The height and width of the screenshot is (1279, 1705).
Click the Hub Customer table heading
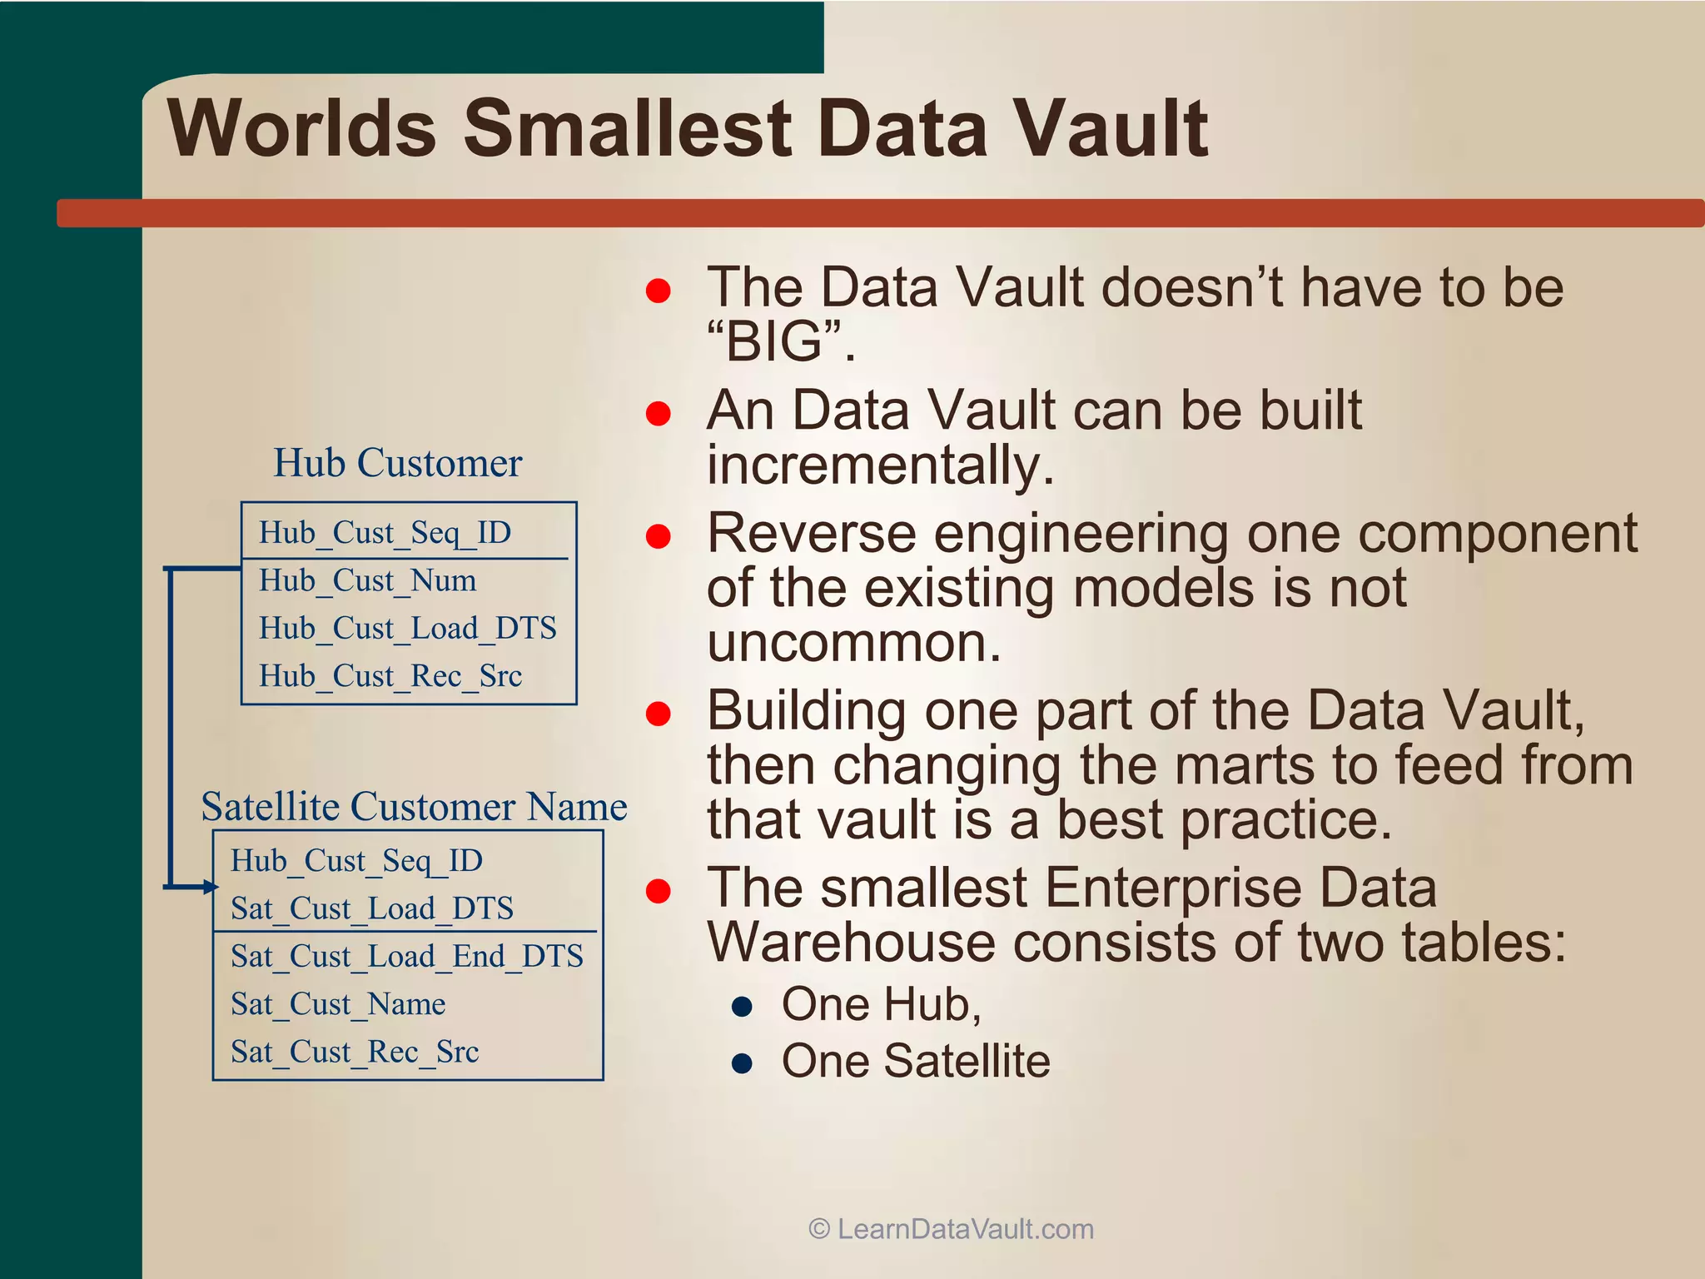[x=398, y=463]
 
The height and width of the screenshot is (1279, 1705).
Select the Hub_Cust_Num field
[x=367, y=580]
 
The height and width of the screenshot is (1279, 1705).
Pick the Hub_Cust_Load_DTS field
[x=407, y=628]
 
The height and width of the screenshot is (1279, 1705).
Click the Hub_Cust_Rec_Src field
[x=390, y=675]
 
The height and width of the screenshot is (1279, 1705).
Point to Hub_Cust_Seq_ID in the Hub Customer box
[x=385, y=532]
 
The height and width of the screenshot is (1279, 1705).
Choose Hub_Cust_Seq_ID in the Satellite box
[x=356, y=860]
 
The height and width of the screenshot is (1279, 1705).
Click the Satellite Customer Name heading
[x=414, y=806]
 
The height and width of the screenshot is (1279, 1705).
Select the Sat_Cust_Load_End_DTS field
[x=407, y=956]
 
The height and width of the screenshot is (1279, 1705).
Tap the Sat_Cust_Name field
[x=338, y=1003]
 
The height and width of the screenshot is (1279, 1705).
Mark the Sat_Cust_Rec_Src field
[x=355, y=1052]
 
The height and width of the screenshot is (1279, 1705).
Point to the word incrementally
[x=880, y=465]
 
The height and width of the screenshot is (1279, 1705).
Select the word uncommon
[x=853, y=643]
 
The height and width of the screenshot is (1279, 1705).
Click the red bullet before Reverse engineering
[x=658, y=536]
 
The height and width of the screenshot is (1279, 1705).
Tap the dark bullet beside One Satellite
[x=742, y=1063]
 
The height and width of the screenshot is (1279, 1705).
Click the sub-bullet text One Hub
[x=881, y=1004]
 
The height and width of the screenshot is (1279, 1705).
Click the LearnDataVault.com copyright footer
[x=951, y=1229]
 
